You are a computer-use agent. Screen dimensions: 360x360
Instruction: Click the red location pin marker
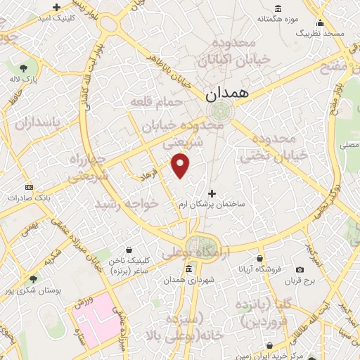[181, 165]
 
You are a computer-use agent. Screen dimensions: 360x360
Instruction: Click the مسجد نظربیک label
[320, 33]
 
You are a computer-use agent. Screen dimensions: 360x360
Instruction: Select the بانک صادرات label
[29, 198]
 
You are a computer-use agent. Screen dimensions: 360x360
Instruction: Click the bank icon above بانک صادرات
[29, 187]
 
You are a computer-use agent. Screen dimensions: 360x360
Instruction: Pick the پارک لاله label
[23, 80]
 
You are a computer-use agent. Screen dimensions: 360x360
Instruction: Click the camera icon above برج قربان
[300, 270]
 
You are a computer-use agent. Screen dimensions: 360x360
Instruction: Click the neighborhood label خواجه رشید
[130, 203]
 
